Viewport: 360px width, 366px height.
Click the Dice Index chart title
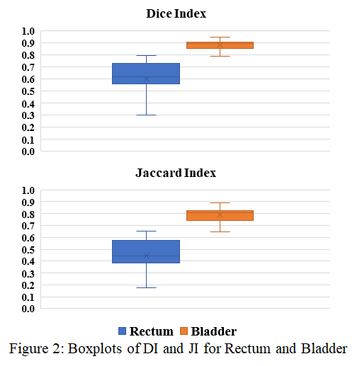pos(176,13)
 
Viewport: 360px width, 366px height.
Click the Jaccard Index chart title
pos(176,173)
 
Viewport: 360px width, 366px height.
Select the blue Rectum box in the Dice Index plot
pos(146,74)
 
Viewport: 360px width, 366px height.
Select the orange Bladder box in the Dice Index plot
pos(220,45)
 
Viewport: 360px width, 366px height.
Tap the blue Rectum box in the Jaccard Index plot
pos(146,251)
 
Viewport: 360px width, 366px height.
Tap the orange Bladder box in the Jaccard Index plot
pos(220,215)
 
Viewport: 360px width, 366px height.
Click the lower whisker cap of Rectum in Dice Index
pos(146,115)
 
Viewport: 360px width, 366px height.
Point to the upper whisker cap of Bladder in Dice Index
pos(220,37)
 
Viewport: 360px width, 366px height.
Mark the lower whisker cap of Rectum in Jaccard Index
pos(146,287)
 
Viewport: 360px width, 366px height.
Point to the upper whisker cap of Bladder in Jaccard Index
pos(220,202)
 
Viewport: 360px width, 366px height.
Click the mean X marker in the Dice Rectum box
pos(146,79)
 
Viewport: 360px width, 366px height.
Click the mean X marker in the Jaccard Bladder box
pos(220,215)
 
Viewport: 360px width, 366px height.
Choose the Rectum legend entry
pos(146,331)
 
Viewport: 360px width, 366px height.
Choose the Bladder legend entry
pos(208,331)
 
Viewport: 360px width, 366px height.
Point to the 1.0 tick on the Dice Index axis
pos(28,31)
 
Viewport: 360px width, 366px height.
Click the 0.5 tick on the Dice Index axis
pos(28,91)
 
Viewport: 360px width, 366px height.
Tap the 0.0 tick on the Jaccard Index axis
pos(28,309)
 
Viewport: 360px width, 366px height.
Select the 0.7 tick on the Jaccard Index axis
pos(28,226)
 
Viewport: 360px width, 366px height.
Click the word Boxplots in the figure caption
pos(95,349)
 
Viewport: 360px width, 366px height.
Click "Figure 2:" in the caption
pos(37,349)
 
